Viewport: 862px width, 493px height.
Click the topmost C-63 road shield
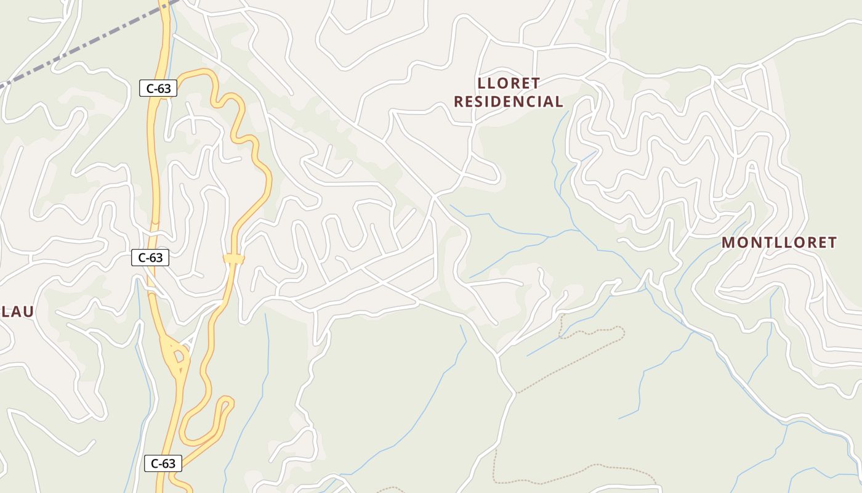click(x=158, y=88)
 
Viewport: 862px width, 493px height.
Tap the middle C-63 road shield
click(x=150, y=258)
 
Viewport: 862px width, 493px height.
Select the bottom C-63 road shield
click(x=163, y=463)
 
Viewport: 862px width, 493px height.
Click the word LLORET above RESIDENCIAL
click(x=509, y=83)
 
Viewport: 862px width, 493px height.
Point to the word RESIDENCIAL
click(x=509, y=102)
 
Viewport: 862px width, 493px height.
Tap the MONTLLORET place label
click(x=779, y=243)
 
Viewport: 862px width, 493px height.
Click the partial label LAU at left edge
click(x=17, y=312)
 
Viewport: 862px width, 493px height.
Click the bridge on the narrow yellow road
click(x=234, y=259)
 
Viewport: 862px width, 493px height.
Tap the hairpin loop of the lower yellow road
click(x=227, y=404)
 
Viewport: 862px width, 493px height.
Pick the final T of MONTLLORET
click(x=831, y=243)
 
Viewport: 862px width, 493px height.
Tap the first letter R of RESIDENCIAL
click(x=459, y=102)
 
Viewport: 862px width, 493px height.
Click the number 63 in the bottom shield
click(x=169, y=463)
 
